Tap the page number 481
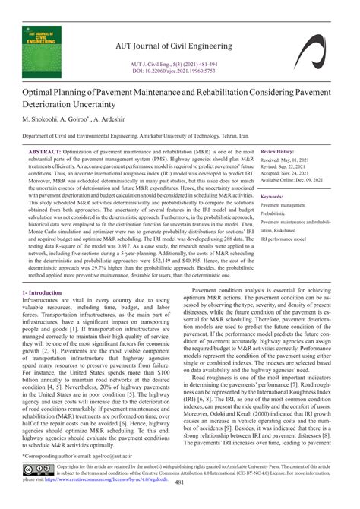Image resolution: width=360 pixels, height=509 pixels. point(180,501)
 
